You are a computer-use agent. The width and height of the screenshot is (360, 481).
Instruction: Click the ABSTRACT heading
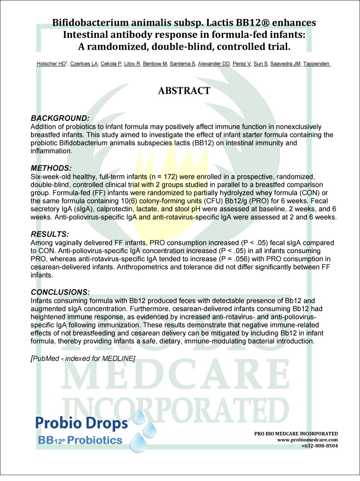click(x=184, y=91)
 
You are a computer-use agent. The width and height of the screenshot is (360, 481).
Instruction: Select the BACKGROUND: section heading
click(x=59, y=118)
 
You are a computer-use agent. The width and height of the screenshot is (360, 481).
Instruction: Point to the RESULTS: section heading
click(x=50, y=235)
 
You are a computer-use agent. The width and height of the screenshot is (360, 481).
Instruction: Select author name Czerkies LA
click(x=83, y=64)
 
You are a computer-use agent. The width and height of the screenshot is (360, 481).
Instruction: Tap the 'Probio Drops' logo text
click(x=81, y=423)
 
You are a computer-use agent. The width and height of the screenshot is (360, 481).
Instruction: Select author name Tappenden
click(x=317, y=64)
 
